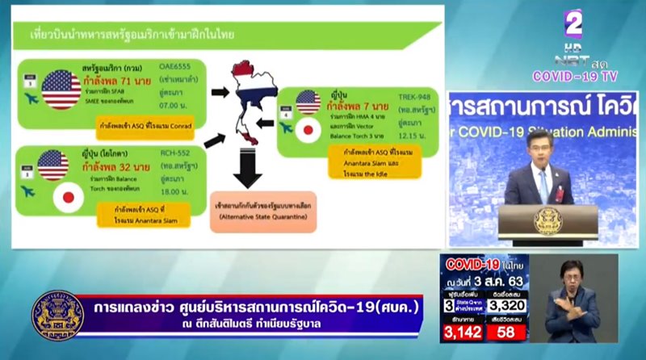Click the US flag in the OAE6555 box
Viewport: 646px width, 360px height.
(x=61, y=88)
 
